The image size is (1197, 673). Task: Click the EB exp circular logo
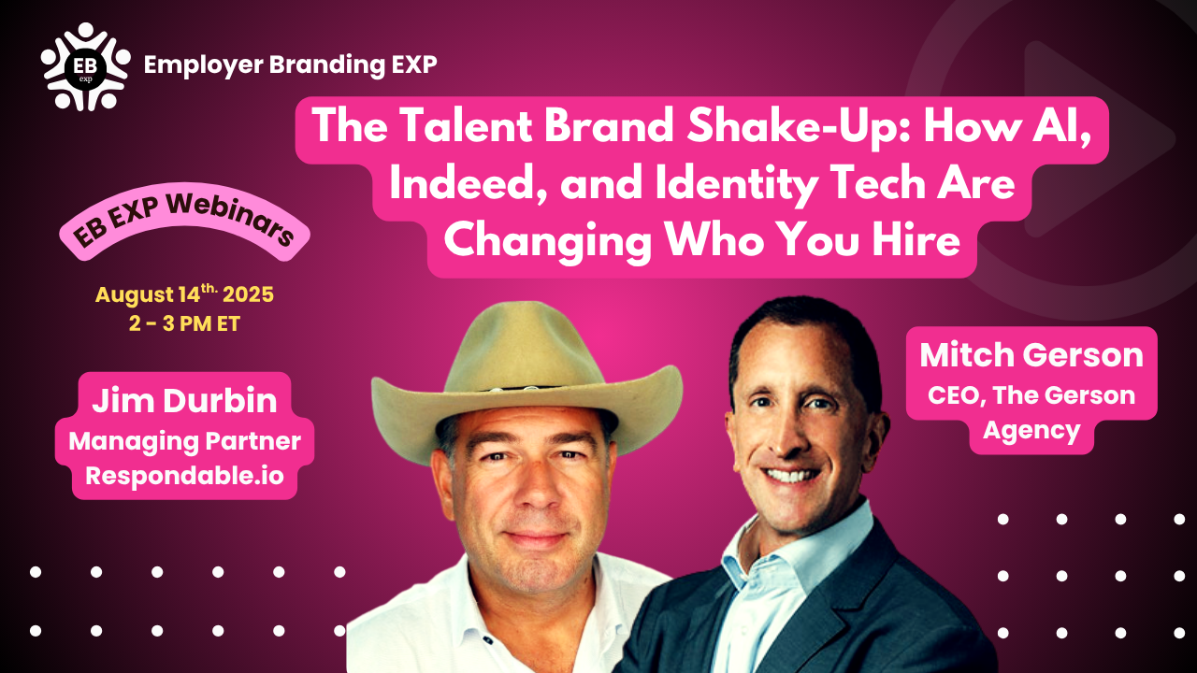(x=85, y=66)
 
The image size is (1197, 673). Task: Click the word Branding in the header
(x=326, y=65)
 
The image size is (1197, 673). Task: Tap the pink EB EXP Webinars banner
(x=184, y=222)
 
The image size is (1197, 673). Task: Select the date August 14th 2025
(x=184, y=294)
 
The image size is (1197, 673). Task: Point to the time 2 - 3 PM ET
(x=184, y=323)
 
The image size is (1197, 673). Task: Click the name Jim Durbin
(x=184, y=401)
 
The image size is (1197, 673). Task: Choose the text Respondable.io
(x=184, y=476)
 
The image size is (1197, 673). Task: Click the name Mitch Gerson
(x=1031, y=355)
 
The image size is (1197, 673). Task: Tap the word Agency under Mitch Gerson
(x=1031, y=431)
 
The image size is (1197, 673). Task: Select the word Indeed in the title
(x=462, y=184)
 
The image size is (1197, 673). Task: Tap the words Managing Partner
(x=184, y=441)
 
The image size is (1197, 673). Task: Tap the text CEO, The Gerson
(x=1031, y=395)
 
